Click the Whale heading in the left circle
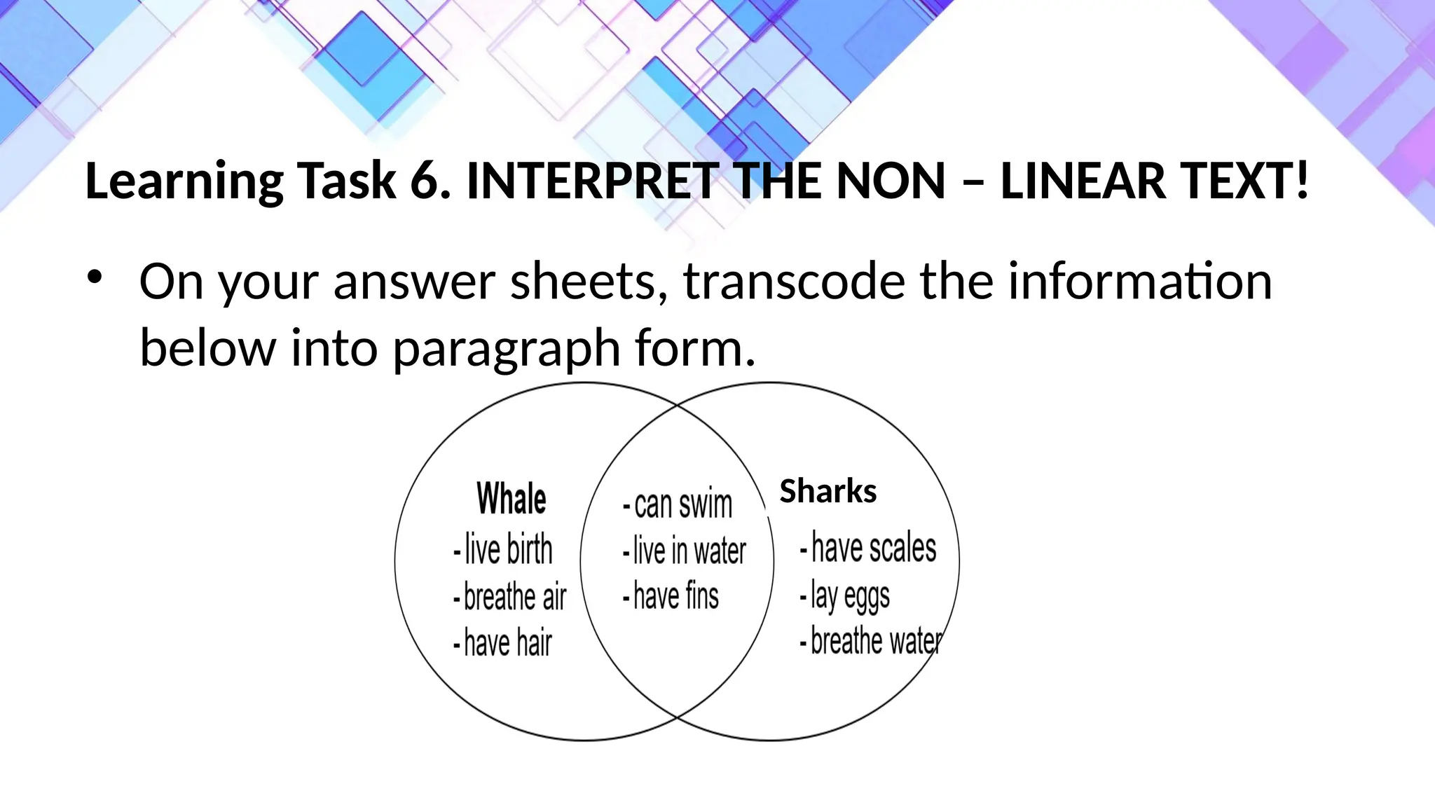[x=511, y=499]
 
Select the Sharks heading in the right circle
[x=828, y=491]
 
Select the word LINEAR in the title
[x=1083, y=181]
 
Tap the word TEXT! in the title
[x=1244, y=181]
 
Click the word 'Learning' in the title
[x=184, y=181]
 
